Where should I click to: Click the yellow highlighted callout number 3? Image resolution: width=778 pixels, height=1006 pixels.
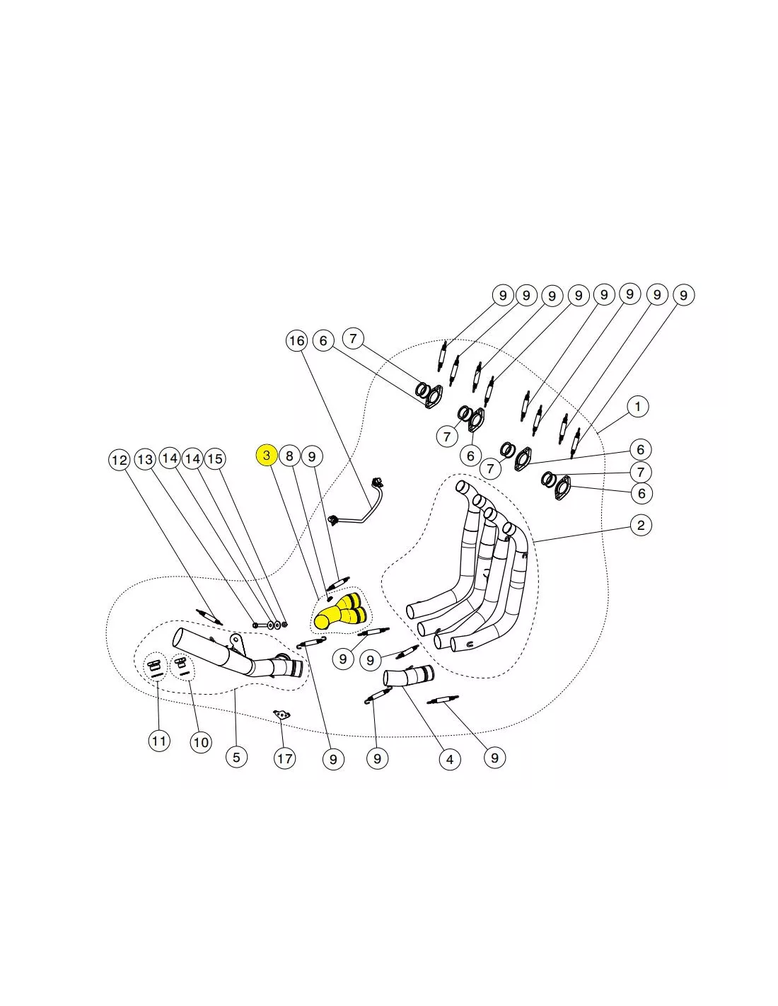(267, 455)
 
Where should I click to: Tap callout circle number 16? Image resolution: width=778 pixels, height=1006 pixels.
(296, 341)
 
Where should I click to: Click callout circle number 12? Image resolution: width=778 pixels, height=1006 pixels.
(120, 460)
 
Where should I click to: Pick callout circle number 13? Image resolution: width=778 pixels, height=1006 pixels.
(145, 459)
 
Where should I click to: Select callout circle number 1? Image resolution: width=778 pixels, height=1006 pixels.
(638, 407)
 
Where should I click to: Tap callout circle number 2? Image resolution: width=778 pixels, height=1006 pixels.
(641, 525)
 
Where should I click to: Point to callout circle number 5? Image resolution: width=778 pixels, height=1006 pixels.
(236, 757)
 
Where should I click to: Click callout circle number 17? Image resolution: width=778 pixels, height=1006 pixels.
(284, 758)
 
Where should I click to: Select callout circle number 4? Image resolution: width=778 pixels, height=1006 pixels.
(450, 759)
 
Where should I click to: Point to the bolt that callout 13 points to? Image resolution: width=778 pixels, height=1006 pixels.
(260, 625)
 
